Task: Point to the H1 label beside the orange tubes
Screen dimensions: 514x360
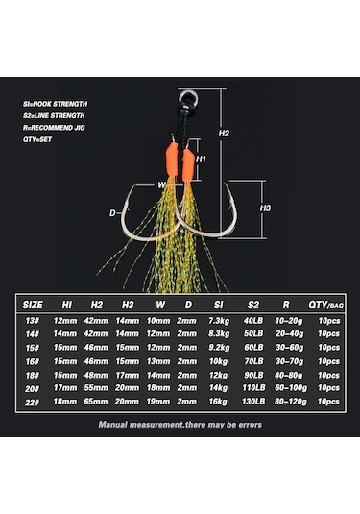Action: click(x=202, y=159)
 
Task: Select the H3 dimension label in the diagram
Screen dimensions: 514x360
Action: click(x=266, y=206)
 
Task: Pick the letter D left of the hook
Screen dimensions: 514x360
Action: click(x=112, y=213)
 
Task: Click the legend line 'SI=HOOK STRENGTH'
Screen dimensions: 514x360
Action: click(x=56, y=103)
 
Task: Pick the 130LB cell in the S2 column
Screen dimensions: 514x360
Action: click(x=253, y=400)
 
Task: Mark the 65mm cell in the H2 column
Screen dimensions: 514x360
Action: click(x=97, y=400)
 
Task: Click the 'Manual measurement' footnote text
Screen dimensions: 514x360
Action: click(x=180, y=423)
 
